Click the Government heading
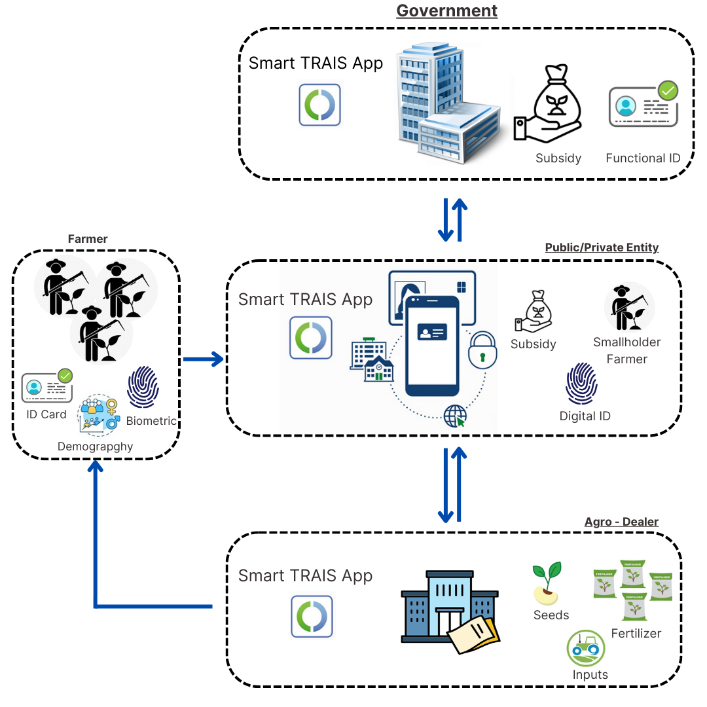coord(447,11)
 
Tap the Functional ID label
coord(643,158)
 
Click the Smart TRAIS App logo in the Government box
coord(320,105)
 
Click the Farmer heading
coord(88,239)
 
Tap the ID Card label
coord(46,414)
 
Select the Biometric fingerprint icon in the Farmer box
coord(143,387)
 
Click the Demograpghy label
coord(95,446)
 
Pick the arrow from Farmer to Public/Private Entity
coord(203,359)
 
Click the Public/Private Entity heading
coord(602,247)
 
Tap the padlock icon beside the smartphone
coord(482,350)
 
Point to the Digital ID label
coord(585,416)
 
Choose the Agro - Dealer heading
coord(621,522)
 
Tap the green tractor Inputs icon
coord(586,647)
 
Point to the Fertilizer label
coord(636,633)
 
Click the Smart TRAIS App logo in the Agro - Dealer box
coord(312,617)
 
